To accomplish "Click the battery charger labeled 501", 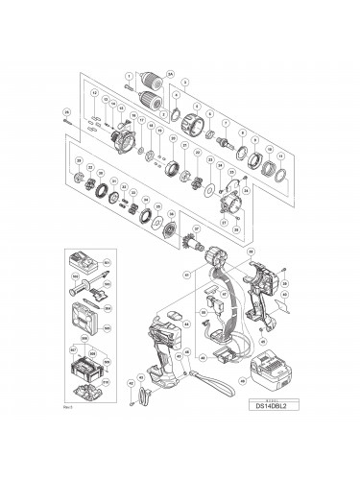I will click(84, 261).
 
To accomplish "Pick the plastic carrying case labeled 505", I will click(85, 312).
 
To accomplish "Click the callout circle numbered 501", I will click(108, 262).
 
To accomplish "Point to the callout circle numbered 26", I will click(66, 110).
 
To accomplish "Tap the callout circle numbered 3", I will click(187, 81).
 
